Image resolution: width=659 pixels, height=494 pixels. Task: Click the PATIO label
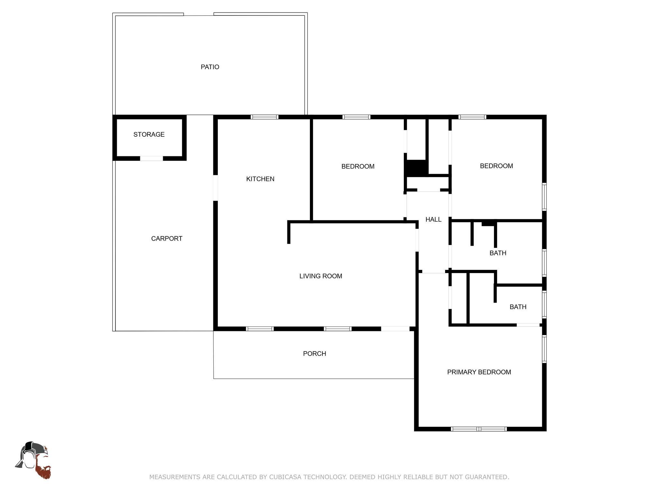210,67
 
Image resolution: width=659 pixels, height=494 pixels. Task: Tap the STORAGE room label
149,134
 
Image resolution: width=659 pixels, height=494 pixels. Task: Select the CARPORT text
167,238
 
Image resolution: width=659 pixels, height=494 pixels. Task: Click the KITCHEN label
260,179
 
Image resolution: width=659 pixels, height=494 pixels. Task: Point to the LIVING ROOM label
321,276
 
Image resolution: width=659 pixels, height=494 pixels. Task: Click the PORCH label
315,353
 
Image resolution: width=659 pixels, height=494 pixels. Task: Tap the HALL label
433,219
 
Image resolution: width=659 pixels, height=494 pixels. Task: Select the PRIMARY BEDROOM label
479,372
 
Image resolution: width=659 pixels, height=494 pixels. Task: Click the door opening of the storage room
152,158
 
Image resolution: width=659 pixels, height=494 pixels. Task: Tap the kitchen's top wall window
265,117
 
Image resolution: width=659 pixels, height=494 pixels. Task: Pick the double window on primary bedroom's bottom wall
479,429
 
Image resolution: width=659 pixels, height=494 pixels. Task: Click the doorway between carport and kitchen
216,188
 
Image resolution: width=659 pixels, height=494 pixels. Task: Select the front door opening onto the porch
395,329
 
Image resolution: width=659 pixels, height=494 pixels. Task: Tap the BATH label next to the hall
498,253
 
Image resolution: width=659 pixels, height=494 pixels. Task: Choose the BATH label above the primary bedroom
518,307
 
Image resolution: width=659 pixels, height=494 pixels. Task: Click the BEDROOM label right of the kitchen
358,166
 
